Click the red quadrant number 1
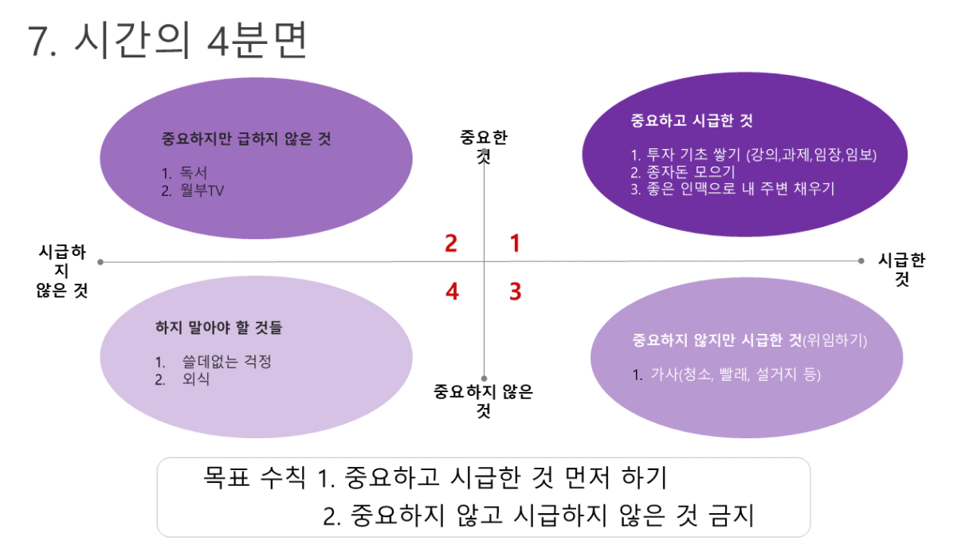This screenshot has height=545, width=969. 515,243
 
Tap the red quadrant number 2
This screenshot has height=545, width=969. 451,243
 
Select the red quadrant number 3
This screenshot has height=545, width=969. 516,292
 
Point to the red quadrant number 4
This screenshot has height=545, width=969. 452,292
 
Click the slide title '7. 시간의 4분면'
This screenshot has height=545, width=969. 167,41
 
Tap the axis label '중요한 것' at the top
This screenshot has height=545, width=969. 484,145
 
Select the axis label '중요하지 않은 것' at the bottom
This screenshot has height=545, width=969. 483,400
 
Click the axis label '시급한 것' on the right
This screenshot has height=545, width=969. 901,269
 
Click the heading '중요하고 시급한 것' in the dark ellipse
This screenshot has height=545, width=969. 691,121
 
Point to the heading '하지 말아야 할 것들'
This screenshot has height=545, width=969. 218,327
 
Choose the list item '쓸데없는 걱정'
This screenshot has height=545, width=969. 226,362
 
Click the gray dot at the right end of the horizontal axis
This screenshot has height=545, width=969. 861,261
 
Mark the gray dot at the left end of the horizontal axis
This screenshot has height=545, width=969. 100,261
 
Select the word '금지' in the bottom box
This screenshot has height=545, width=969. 731,516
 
